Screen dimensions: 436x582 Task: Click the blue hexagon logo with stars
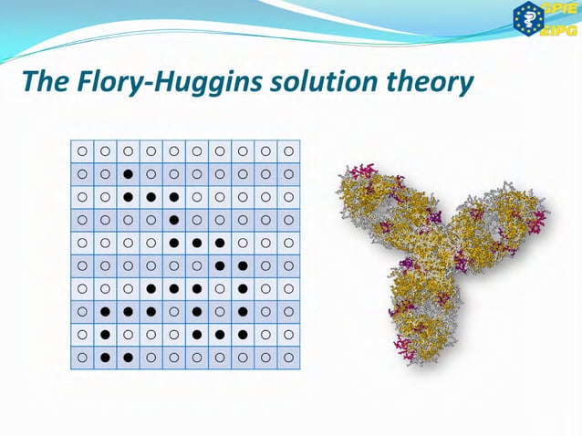pyautogui.click(x=528, y=20)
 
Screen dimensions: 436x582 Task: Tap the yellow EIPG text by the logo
pyautogui.click(x=558, y=29)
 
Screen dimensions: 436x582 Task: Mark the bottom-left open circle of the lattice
pyautogui.click(x=82, y=358)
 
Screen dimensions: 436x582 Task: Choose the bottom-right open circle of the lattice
pyautogui.click(x=288, y=358)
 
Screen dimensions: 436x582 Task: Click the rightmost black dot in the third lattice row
pyautogui.click(x=173, y=196)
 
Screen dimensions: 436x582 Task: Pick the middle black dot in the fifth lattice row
pyautogui.click(x=196, y=243)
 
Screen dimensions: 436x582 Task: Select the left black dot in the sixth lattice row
pyautogui.click(x=220, y=265)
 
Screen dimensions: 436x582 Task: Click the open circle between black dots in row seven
pyautogui.click(x=220, y=288)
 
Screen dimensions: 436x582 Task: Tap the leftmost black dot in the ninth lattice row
pyautogui.click(x=105, y=335)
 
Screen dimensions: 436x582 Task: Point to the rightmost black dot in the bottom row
pyautogui.click(x=128, y=358)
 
